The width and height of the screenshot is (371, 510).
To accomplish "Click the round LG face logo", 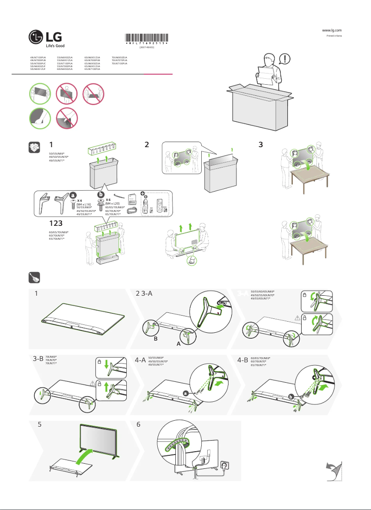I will pyautogui.click(x=36, y=37).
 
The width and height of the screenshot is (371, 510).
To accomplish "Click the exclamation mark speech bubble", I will pyautogui.click(x=286, y=59).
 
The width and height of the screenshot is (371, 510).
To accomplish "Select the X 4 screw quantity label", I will pyautogui.click(x=80, y=200).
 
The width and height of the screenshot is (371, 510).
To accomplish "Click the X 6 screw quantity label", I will pyautogui.click(x=108, y=199).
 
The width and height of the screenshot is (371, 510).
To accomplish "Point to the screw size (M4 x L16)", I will pyautogui.click(x=83, y=204).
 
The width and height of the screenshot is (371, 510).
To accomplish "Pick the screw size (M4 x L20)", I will pyautogui.click(x=112, y=203).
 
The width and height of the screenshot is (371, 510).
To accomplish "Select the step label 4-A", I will pyautogui.click(x=140, y=359).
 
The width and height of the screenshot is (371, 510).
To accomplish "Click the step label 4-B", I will pyautogui.click(x=242, y=359).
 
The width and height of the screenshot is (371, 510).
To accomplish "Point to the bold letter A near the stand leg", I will pyautogui.click(x=178, y=345).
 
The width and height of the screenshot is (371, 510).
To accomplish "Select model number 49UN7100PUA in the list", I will pyautogui.click(x=38, y=57).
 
